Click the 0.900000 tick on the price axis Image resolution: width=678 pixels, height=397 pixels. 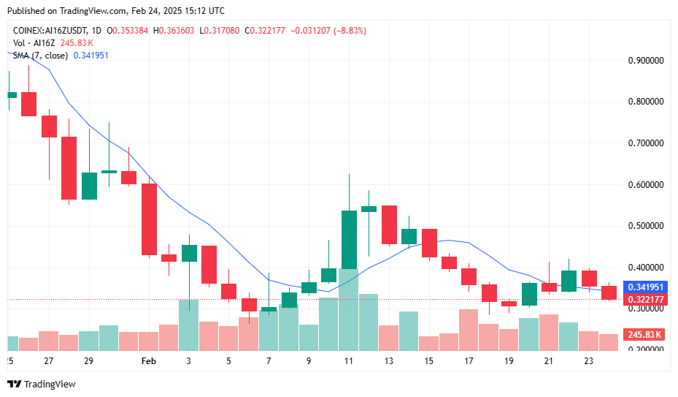click(x=645, y=61)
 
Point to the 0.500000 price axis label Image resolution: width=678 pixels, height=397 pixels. click(x=645, y=226)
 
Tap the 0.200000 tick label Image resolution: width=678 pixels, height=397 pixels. click(x=645, y=349)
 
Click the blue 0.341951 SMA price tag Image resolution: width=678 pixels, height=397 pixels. click(x=645, y=287)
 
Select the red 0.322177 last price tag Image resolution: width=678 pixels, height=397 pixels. click(x=645, y=300)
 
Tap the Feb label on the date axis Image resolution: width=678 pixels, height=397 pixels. click(x=148, y=361)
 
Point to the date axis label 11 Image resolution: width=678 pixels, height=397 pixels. click(x=349, y=361)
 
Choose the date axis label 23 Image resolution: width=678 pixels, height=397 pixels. click(x=588, y=361)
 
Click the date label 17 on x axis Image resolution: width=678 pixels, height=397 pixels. click(x=469, y=361)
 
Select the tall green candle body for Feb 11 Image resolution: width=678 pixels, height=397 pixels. click(x=349, y=240)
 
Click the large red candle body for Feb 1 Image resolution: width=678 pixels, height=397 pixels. click(x=149, y=219)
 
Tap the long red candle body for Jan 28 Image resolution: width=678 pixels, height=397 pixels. click(x=69, y=168)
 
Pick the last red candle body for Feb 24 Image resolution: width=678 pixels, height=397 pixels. click(x=609, y=292)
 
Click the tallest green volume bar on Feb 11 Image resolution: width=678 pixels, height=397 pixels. click(x=349, y=311)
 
